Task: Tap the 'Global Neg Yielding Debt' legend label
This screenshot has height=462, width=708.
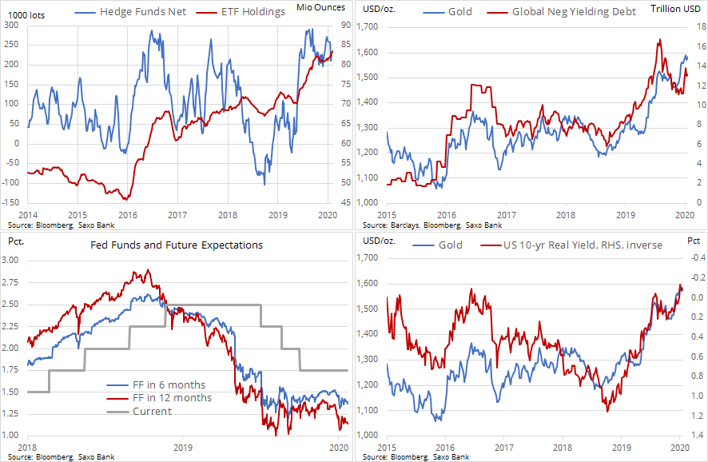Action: (x=573, y=12)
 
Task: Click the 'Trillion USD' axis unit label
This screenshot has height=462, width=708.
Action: (x=677, y=8)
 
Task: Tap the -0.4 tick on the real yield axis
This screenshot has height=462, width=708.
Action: (x=696, y=257)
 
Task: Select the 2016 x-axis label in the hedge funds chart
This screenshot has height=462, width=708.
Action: (x=127, y=215)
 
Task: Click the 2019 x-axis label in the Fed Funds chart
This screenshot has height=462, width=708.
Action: (x=184, y=448)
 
